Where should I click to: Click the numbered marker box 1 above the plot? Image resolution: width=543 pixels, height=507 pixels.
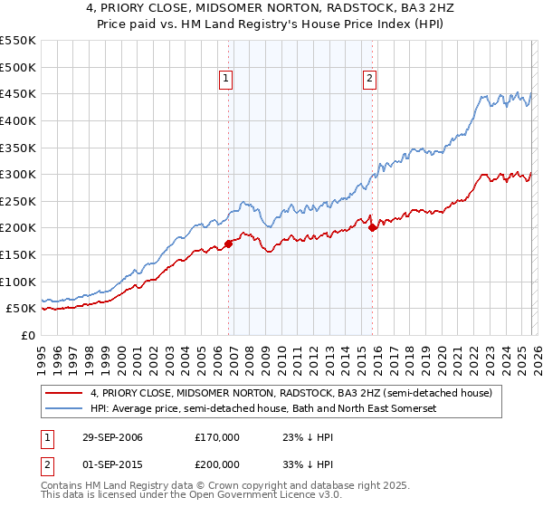click(225, 79)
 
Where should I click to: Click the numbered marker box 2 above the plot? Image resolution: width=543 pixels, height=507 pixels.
click(370, 79)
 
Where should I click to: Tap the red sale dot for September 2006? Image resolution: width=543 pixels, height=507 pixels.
click(228, 243)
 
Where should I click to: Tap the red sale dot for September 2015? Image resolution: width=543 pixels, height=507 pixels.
click(372, 227)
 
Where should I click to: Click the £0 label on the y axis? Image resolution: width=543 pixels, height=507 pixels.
click(27, 335)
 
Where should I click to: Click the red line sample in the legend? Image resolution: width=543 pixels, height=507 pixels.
click(64, 394)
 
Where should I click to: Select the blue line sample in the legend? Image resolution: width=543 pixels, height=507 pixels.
click(64, 409)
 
